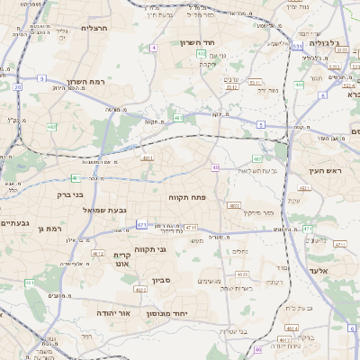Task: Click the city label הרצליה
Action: (94, 28)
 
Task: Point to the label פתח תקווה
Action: (188, 195)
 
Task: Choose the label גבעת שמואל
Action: (77, 210)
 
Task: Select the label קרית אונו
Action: (124, 260)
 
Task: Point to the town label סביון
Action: (174, 281)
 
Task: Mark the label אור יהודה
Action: (113, 312)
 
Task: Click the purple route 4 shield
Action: (154, 47)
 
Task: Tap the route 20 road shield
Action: (17, 87)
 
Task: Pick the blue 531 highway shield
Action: (297, 44)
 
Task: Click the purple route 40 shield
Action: (215, 167)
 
